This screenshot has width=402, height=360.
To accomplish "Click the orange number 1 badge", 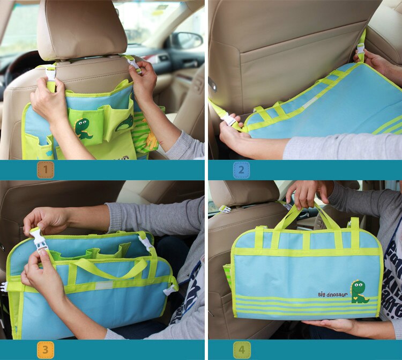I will click(x=46, y=170).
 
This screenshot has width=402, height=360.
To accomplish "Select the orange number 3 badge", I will click(x=46, y=350).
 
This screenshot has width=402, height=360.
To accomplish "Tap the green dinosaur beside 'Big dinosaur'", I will click(x=359, y=291).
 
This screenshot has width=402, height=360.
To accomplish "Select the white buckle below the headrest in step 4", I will click(x=225, y=209).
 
